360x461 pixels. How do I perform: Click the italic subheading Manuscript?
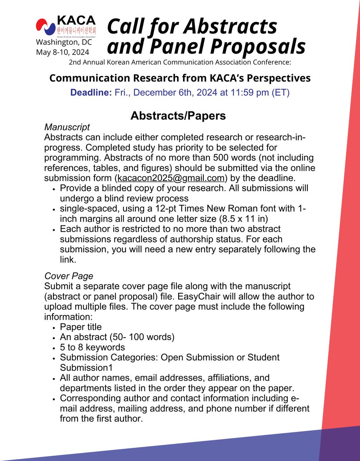[x=67, y=127]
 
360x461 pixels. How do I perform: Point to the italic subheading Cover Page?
[x=69, y=276]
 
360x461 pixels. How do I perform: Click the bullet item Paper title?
[x=81, y=327]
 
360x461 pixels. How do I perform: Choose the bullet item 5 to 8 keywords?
[x=92, y=347]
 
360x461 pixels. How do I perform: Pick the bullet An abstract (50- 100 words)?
[x=117, y=337]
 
